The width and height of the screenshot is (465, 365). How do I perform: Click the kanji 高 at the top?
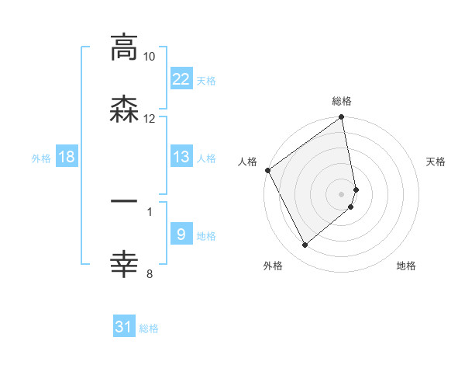point(124,48)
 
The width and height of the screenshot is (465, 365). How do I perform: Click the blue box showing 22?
point(181,79)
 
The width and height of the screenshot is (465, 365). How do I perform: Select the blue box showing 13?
point(181,157)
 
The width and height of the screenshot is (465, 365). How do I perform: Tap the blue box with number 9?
point(181,235)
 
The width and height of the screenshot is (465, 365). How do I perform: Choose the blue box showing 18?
point(67,157)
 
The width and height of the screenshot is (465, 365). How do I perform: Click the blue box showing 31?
point(124,327)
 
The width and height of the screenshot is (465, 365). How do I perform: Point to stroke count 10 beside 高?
point(150,57)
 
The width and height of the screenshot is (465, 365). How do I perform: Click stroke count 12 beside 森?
point(150,118)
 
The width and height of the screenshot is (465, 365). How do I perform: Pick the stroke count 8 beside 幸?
point(150,273)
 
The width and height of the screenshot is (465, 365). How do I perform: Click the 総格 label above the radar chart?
point(342,101)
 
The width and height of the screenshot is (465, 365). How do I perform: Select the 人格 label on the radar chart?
point(247,162)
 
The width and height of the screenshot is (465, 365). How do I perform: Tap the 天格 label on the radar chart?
point(436,162)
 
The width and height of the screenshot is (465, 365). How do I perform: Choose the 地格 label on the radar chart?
point(406,266)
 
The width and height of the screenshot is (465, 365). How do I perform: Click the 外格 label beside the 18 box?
point(41,158)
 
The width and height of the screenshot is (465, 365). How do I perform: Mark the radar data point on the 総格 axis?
point(342,118)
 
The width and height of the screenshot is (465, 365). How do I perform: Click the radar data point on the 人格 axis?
point(268,170)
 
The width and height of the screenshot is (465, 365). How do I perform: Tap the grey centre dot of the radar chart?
point(342,193)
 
